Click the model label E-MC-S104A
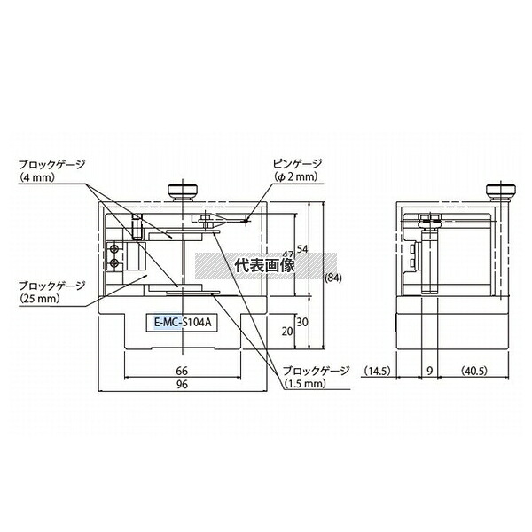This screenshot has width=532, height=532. coord(183,322)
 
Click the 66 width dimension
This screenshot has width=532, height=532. coord(182,371)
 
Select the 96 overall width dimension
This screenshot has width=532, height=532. coord(182,385)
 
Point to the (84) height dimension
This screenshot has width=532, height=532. coord(333,278)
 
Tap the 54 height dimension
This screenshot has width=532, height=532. coord(302,249)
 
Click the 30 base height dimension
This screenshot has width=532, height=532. coord(302,322)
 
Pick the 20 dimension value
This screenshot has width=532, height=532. coord(287,332)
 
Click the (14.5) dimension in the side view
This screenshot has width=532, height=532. coord(378,371)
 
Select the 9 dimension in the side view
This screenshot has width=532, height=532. coord(430,371)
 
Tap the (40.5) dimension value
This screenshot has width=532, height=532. coord(474,371)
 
